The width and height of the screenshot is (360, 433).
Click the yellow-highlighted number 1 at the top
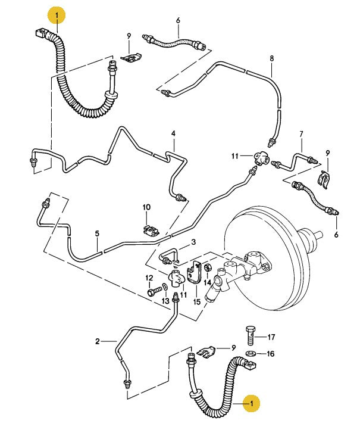coord(57,14)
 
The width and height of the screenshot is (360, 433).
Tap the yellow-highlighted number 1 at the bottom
coord(253,403)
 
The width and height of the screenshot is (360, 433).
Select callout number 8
coord(271,58)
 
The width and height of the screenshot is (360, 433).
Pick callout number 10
coord(146,208)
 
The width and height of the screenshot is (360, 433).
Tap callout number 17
coord(271,337)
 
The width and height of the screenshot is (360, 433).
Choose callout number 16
coord(271,353)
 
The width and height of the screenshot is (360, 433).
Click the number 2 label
coord(97,341)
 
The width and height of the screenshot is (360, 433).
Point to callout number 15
coord(196,302)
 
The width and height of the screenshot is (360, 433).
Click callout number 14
coord(208,282)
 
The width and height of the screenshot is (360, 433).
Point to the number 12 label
coord(149,278)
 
